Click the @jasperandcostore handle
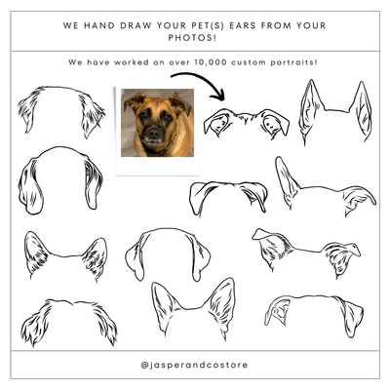pyautogui.click(x=195, y=366)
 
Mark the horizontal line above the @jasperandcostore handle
pyautogui.click(x=195, y=349)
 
